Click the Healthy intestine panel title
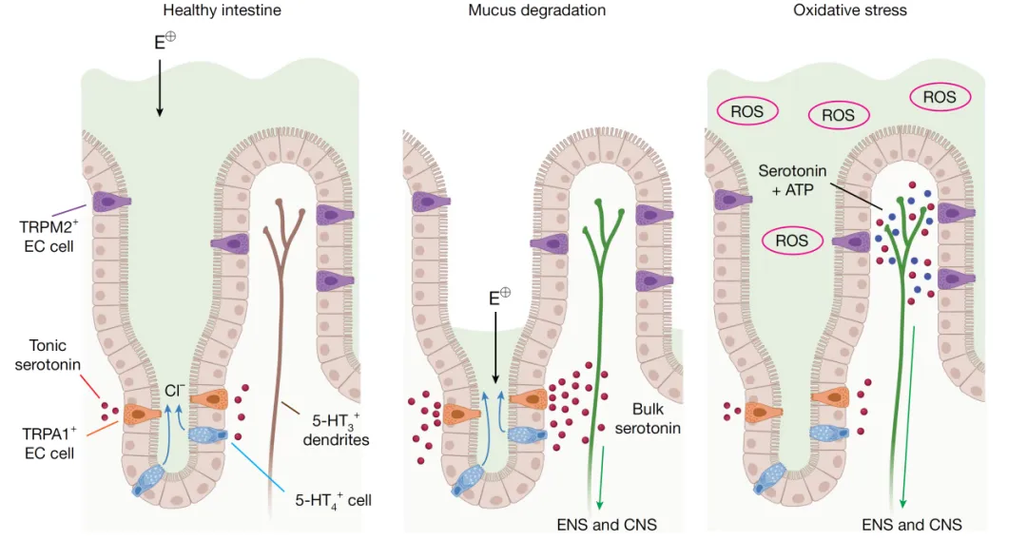(222, 10)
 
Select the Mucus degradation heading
(536, 10)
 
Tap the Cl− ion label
(174, 390)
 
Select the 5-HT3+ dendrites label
(335, 430)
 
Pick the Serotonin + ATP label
(792, 180)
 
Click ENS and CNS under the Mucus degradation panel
(607, 524)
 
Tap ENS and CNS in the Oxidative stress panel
(912, 524)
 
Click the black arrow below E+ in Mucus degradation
(494, 347)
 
